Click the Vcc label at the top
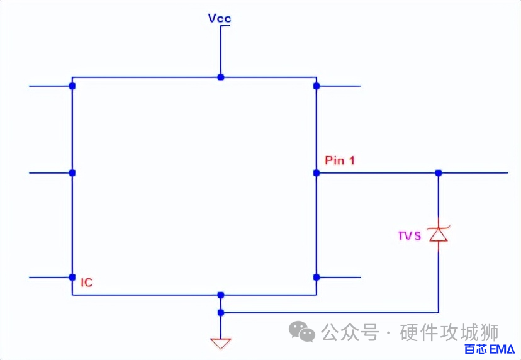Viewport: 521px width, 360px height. point(220,18)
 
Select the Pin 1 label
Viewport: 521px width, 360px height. point(340,160)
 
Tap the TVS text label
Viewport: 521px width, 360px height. point(409,237)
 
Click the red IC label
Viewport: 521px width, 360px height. point(87,283)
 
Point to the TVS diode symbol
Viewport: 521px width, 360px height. point(438,234)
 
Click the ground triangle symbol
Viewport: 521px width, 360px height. point(220,344)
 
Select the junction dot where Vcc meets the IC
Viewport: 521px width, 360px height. point(220,77)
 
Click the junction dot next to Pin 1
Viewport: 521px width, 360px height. point(317,172)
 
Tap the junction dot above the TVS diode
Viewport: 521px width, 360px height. point(439,172)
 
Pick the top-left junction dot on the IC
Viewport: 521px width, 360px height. point(72,86)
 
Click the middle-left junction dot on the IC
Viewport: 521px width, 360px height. point(72,172)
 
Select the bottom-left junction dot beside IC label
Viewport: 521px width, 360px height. point(72,277)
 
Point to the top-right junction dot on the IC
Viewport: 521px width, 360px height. point(317,86)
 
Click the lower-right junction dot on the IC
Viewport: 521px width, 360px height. point(317,277)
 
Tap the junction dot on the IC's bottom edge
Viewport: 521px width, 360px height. point(220,295)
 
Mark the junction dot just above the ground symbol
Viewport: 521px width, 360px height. point(220,312)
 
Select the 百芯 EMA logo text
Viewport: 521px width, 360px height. point(490,349)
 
